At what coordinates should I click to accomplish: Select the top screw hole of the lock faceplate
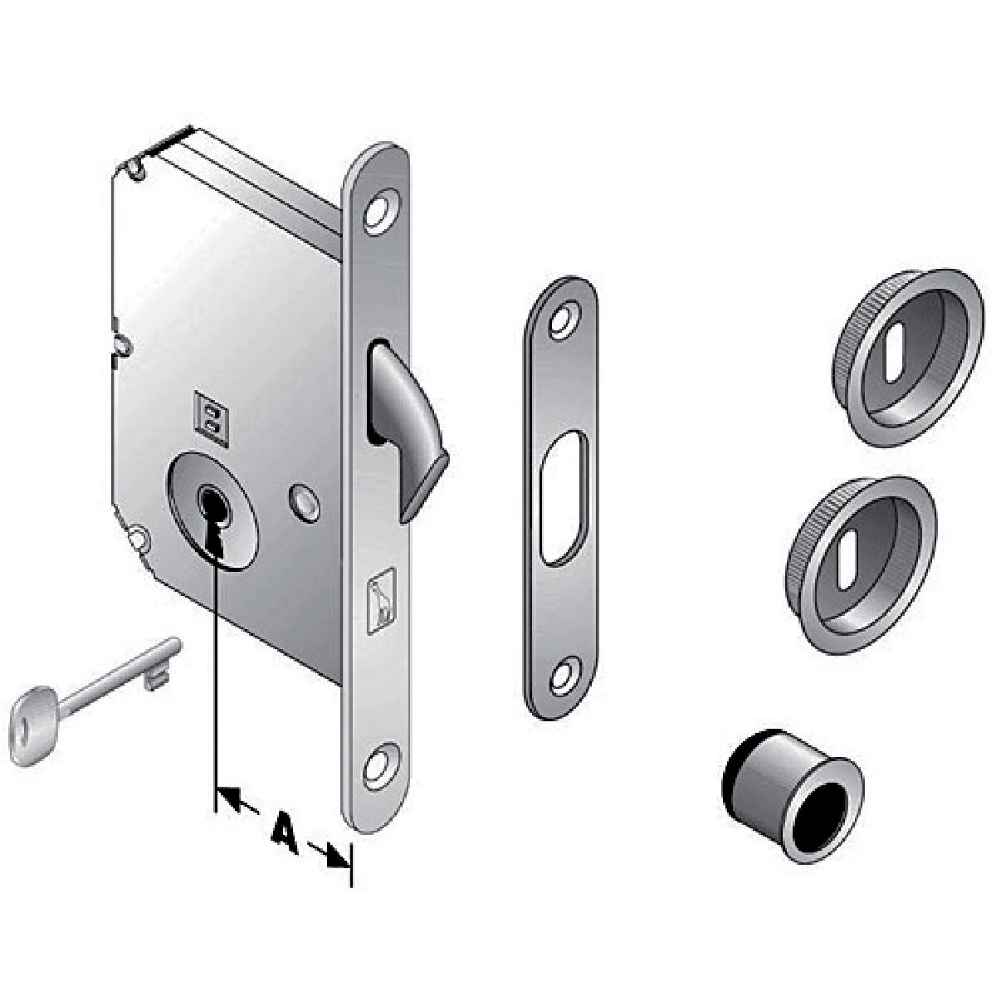click(382, 211)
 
